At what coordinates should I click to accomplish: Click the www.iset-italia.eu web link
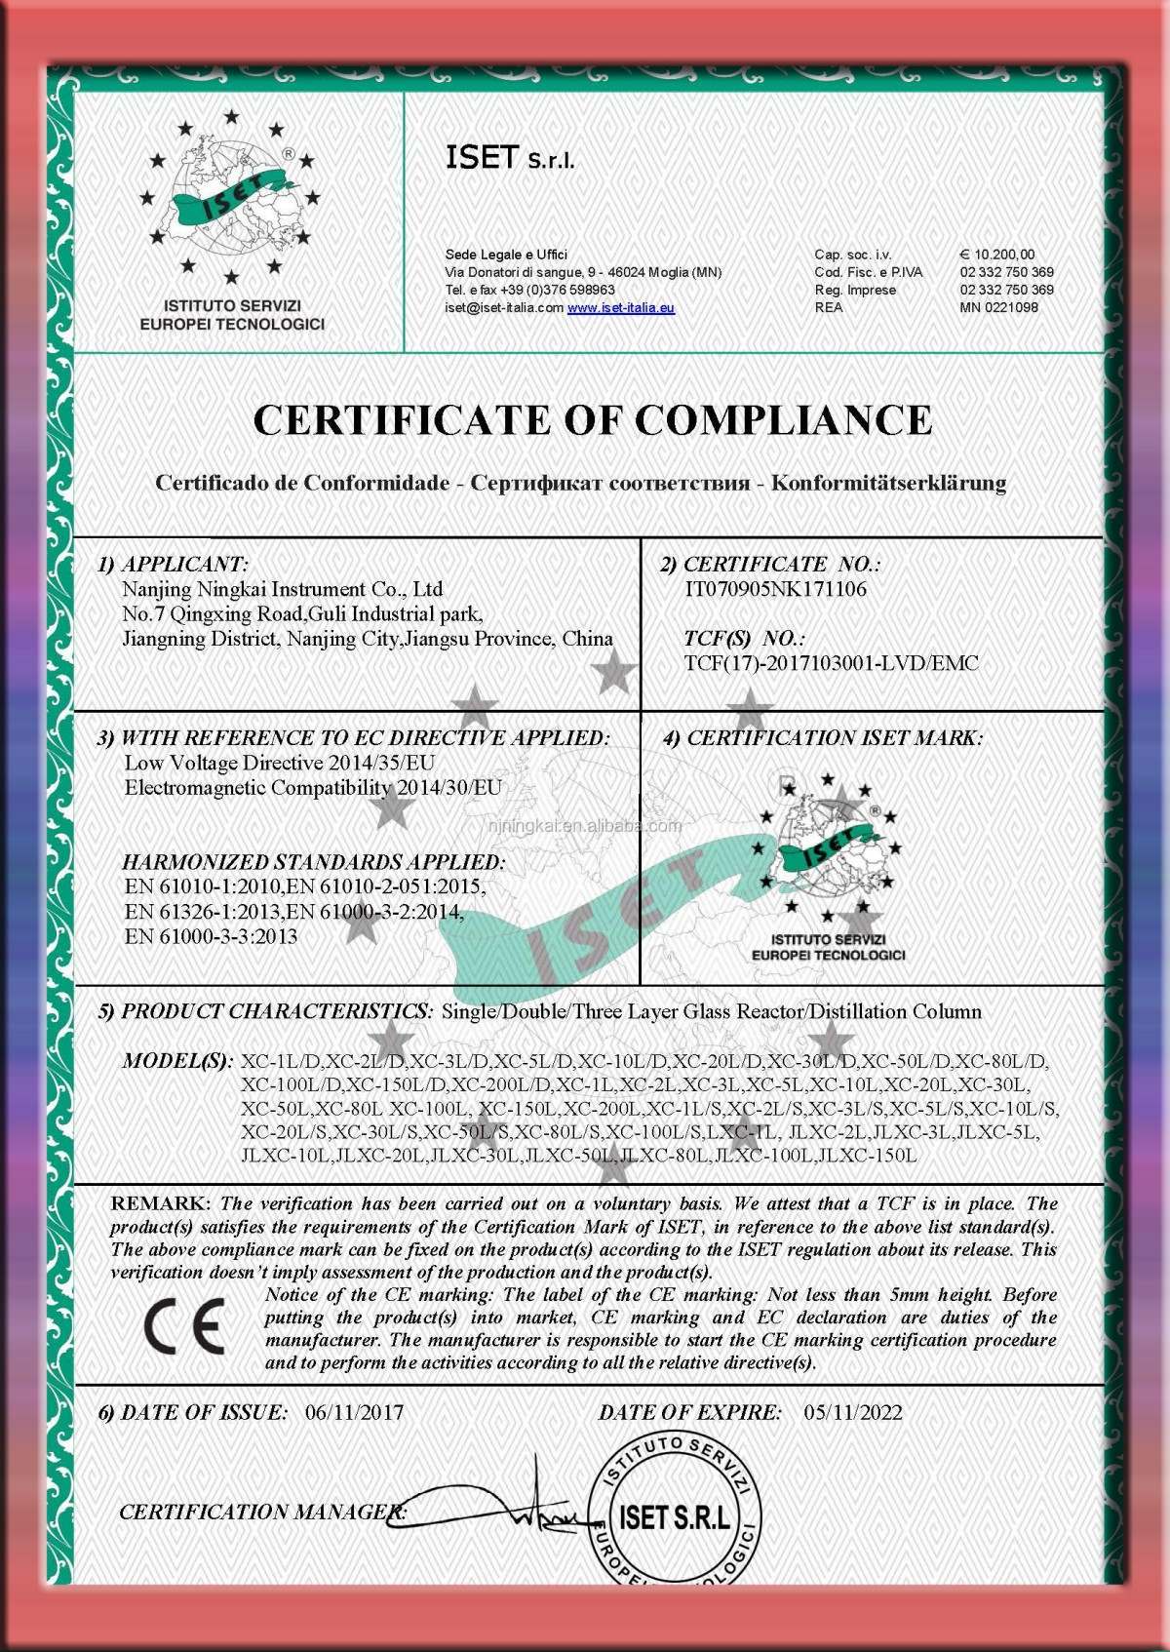coord(621,308)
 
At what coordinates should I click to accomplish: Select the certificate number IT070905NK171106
coord(776,589)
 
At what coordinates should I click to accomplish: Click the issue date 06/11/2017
coord(354,1412)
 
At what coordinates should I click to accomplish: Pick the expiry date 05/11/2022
coord(853,1412)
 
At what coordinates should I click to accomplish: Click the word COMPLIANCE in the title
coord(783,420)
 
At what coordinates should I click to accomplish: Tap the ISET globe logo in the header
coord(231,200)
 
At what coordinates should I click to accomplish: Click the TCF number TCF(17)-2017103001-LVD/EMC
coord(831,664)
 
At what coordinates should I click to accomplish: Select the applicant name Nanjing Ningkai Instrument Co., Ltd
coord(282,589)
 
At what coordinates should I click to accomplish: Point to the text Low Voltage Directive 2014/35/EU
coord(280,763)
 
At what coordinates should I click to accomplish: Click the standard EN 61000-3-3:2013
coord(212,936)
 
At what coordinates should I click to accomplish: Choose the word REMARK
coord(160,1204)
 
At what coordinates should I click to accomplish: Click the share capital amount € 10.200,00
coord(997,255)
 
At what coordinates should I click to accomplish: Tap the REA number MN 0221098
coord(998,307)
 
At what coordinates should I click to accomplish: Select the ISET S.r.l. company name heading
coord(510,158)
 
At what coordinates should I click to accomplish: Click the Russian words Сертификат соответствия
coord(609,483)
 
